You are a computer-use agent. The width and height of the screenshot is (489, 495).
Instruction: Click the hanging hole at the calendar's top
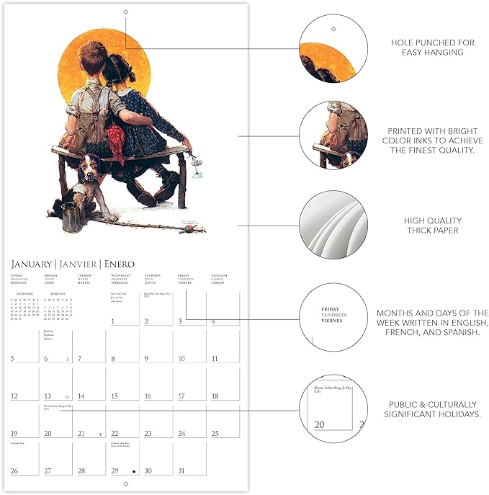(125, 12)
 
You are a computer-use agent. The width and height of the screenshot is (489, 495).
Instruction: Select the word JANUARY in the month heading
(31, 264)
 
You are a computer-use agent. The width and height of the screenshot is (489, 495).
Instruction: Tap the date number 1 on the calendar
(113, 321)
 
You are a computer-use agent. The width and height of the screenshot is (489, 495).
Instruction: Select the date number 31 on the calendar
(182, 471)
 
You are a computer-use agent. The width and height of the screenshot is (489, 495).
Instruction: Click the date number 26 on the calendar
(14, 471)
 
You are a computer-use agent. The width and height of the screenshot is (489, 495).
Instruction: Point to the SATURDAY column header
(220, 276)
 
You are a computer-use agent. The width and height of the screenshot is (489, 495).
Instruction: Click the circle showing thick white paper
(333, 225)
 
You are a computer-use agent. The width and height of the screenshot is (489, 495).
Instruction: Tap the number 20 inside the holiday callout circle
(319, 426)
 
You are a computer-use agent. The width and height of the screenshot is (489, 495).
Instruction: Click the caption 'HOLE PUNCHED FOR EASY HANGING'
(432, 48)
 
